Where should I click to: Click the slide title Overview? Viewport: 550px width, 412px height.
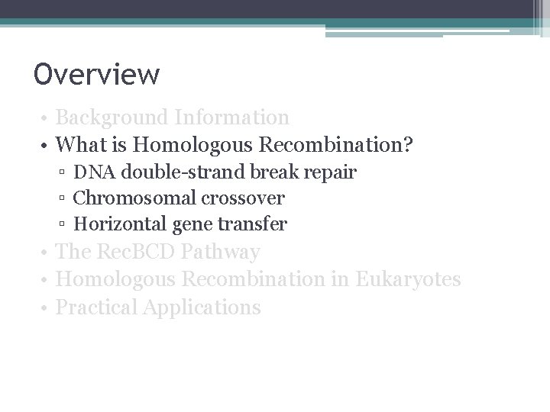click(97, 75)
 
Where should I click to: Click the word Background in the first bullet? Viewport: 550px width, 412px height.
click(112, 117)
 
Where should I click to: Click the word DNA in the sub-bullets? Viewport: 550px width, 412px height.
click(92, 172)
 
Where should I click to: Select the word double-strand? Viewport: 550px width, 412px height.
click(163, 172)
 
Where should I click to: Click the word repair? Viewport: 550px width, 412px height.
click(330, 172)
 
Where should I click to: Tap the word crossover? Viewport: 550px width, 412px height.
click(243, 198)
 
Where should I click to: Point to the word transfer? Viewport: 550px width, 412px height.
click(257, 224)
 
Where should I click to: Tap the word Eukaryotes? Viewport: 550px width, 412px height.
click(408, 279)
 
